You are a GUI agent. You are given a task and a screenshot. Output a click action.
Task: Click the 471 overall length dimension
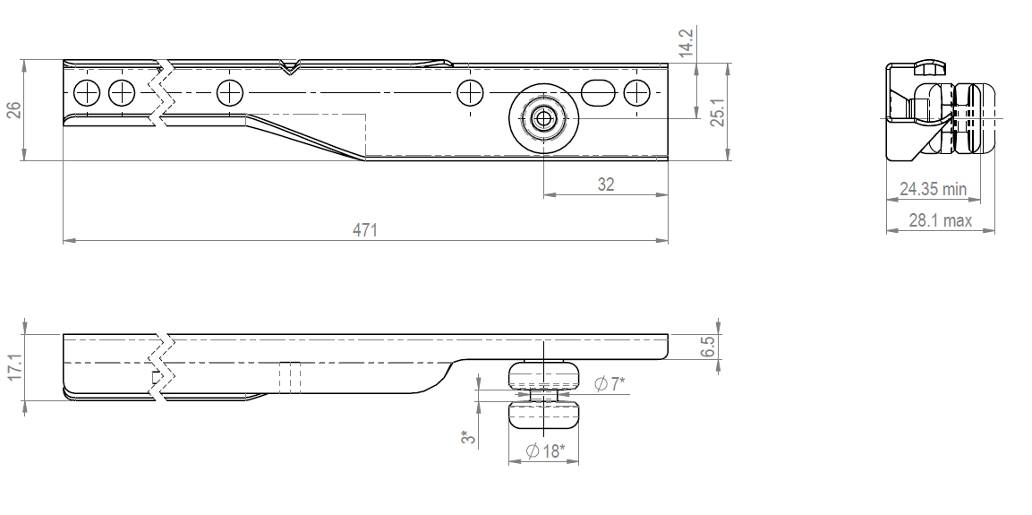coord(364,230)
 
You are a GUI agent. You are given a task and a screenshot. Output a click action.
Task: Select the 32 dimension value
coord(605,185)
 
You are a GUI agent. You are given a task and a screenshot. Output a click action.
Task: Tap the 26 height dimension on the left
coord(13,110)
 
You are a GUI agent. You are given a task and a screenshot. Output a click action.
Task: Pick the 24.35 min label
coord(933,189)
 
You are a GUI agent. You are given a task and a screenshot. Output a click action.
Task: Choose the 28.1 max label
coord(940,220)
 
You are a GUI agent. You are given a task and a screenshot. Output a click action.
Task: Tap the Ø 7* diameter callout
coord(610,384)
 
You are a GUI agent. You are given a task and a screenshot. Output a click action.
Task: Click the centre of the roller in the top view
coord(543,118)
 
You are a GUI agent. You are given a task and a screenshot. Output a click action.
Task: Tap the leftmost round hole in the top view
coord(87,91)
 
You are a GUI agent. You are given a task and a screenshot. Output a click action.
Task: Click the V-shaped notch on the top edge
coord(288,66)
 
